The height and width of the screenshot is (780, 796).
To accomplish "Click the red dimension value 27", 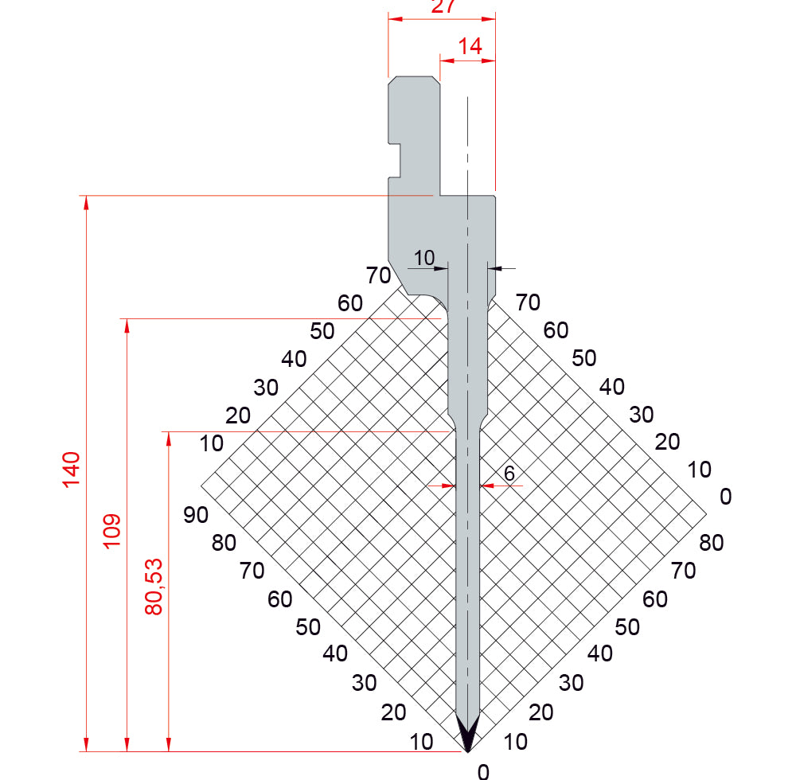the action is (x=443, y=6).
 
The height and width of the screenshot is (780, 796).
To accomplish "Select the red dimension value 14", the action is (x=470, y=46).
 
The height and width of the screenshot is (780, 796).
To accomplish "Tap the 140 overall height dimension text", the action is (x=71, y=470).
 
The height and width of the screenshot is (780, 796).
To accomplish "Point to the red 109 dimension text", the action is (x=111, y=531).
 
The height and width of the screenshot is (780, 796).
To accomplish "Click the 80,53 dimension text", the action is (x=154, y=587).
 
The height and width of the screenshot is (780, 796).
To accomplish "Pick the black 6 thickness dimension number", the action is (x=509, y=474).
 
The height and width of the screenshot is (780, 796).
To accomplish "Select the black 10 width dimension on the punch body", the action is (x=424, y=258).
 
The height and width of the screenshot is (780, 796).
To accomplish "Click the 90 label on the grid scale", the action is (x=196, y=515).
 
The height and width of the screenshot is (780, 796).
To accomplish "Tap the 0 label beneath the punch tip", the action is (x=483, y=771).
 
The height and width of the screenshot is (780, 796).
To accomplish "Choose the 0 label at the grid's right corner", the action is (x=726, y=497).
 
